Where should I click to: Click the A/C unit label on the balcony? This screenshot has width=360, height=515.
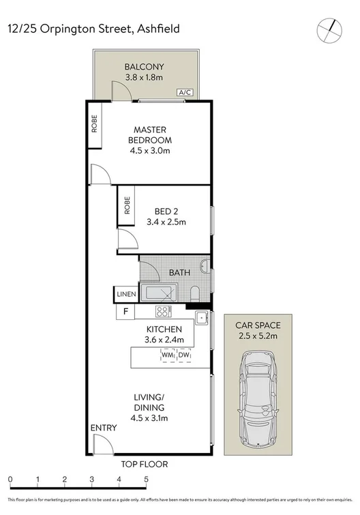click(x=183, y=92)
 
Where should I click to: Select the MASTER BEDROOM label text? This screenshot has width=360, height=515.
click(x=150, y=134)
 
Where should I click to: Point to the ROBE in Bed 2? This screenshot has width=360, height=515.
click(x=127, y=205)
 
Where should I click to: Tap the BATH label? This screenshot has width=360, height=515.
click(x=179, y=273)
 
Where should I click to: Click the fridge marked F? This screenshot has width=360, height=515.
click(x=125, y=312)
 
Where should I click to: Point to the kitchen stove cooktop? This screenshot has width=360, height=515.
click(x=163, y=312)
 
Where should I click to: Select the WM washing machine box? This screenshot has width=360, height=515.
click(x=168, y=355)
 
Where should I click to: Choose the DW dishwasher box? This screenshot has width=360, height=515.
click(x=184, y=355)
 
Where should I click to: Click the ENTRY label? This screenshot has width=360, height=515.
click(x=103, y=428)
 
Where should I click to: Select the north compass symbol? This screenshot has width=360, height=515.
click(x=329, y=29)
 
